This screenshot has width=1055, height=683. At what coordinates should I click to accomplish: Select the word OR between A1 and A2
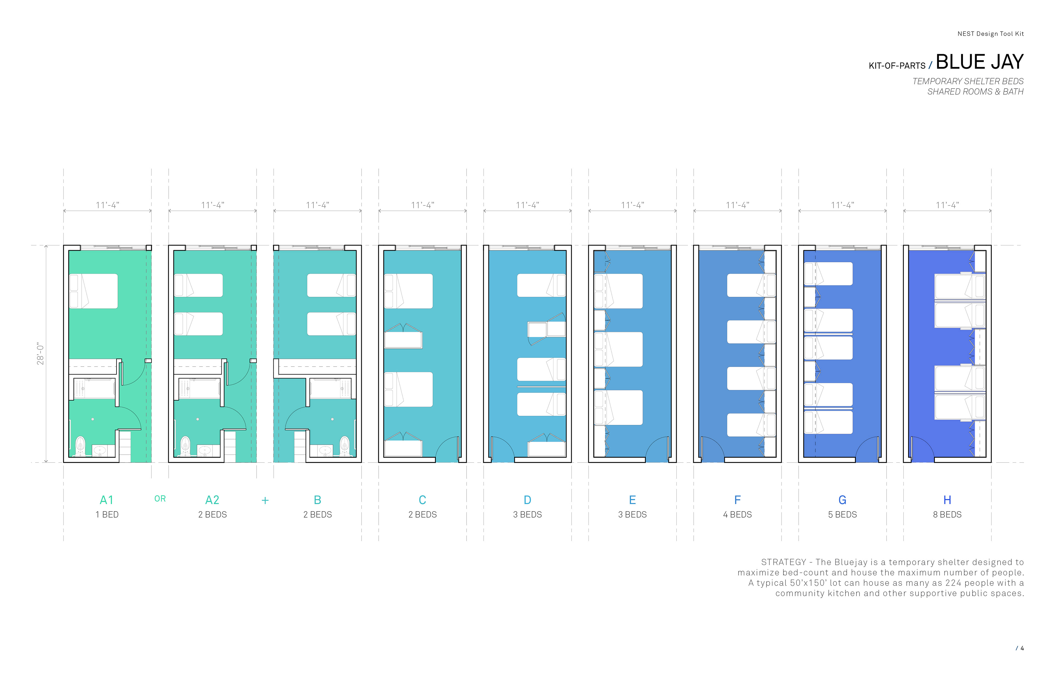160,499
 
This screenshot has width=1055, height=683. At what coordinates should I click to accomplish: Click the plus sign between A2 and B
265,500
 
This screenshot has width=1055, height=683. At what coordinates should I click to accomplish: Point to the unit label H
947,500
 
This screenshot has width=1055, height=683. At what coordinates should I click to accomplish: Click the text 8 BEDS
947,515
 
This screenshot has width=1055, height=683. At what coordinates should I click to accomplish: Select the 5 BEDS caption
842,515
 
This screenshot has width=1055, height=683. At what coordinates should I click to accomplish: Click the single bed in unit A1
93,291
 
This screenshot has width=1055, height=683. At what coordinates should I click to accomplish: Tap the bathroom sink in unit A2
205,450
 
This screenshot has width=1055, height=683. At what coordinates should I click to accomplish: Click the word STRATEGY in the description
783,562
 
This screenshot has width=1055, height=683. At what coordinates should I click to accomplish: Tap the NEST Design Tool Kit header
990,34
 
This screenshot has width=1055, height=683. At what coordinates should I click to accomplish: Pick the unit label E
632,500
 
